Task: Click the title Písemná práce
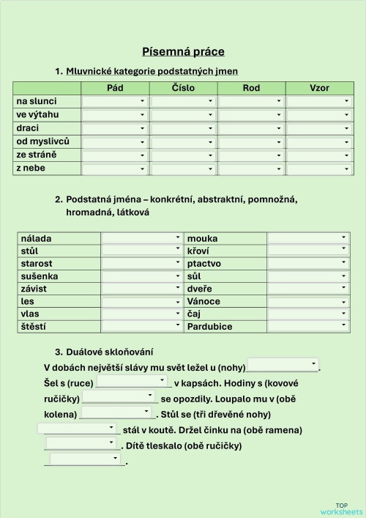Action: [x=183, y=51]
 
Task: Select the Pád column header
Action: [x=115, y=88]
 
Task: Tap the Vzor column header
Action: [x=319, y=88]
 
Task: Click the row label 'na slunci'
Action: [x=37, y=101]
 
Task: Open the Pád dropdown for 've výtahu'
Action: [x=115, y=115]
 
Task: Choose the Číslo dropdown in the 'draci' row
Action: [x=183, y=128]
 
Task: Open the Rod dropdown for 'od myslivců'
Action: [x=251, y=141]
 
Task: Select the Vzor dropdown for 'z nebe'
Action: [x=319, y=169]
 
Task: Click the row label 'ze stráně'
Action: [x=36, y=155]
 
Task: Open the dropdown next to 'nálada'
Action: [x=141, y=238]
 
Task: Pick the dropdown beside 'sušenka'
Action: [x=141, y=276]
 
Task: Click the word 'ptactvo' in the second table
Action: [x=204, y=264]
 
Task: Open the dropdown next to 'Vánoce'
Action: [x=307, y=301]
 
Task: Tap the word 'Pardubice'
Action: [x=209, y=327]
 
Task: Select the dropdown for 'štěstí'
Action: [x=141, y=326]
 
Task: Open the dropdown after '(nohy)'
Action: [x=283, y=365]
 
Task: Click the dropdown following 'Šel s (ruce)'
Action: [x=132, y=382]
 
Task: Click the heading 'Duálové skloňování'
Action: [x=109, y=352]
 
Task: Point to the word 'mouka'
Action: [x=202, y=239]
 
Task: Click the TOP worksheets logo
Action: [x=340, y=508]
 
